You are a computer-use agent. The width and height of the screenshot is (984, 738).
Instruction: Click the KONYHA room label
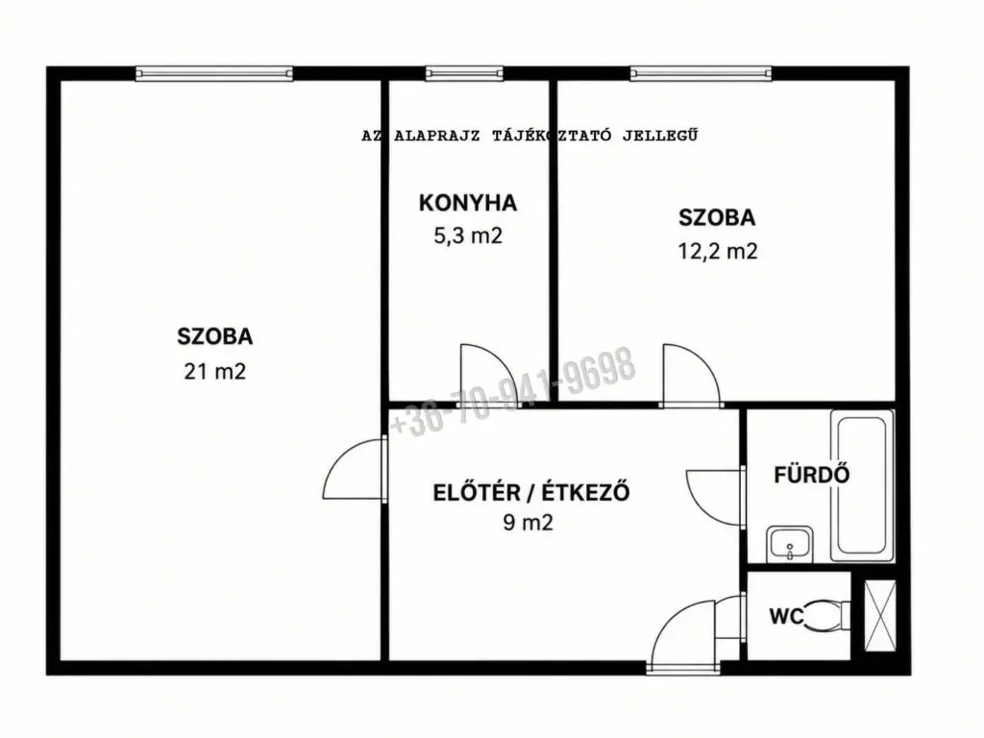(x=468, y=203)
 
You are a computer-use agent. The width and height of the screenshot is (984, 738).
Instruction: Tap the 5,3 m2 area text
(x=468, y=236)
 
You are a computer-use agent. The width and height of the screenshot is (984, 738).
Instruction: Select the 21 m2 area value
(x=214, y=372)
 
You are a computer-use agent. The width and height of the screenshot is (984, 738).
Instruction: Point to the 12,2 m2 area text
(x=717, y=251)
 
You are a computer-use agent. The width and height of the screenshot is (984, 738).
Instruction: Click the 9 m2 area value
(x=528, y=522)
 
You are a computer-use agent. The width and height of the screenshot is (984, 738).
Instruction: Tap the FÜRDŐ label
(x=811, y=475)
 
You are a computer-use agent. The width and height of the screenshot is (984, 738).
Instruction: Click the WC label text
(x=786, y=616)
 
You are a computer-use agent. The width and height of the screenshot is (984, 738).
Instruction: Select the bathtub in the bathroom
(x=862, y=485)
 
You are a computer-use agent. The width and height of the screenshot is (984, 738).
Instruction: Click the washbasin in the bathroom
(x=790, y=545)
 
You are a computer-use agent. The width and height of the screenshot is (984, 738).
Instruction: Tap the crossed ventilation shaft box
(x=880, y=616)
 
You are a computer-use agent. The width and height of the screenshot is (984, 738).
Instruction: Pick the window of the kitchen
(x=464, y=73)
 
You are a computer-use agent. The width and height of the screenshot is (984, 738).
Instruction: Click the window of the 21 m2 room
(x=214, y=73)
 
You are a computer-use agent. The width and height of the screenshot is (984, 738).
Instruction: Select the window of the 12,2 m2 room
(x=701, y=73)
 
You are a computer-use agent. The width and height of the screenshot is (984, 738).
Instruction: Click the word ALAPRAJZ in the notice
(x=437, y=135)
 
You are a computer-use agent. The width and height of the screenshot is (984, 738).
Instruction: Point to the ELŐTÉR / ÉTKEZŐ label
(x=530, y=492)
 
